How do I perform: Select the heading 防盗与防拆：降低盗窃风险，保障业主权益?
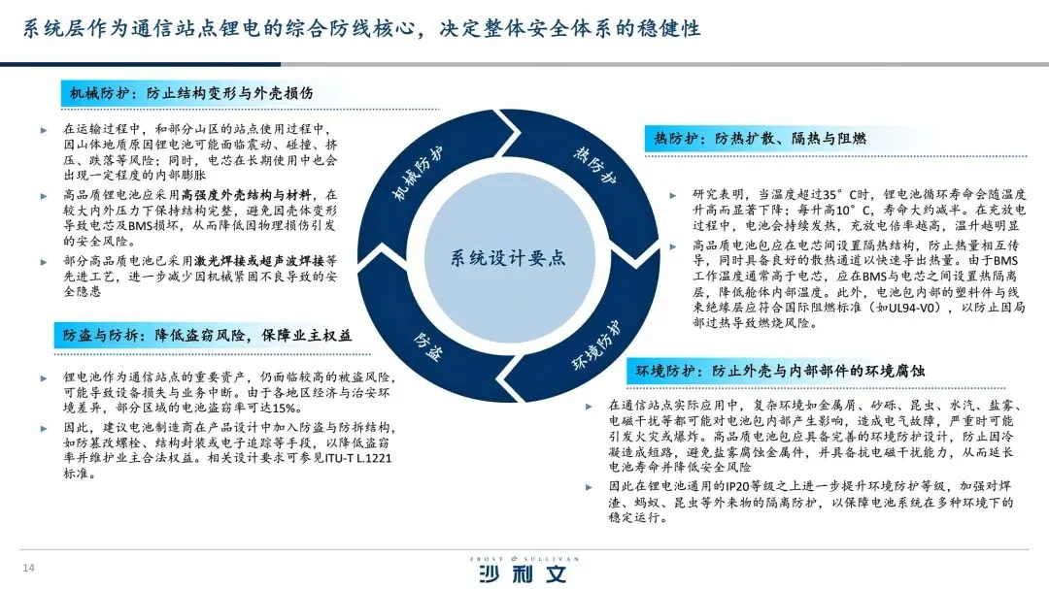pos(208,335)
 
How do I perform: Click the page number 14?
pos(29,567)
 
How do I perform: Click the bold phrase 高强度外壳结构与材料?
pos(247,194)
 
